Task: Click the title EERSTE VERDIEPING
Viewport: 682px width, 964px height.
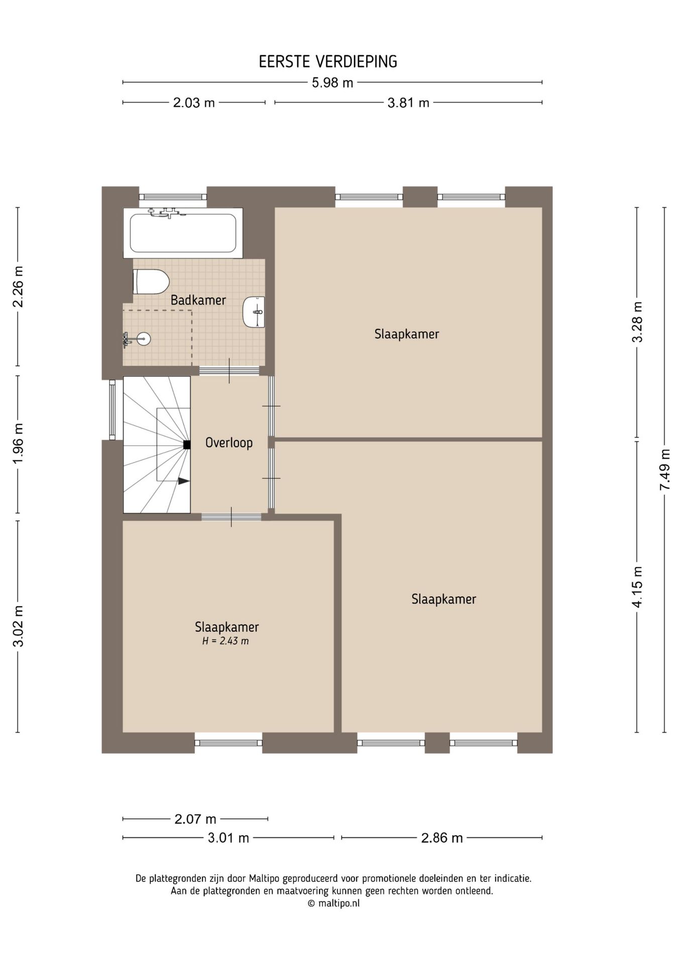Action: [x=327, y=62]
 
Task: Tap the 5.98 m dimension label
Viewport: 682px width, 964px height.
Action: [x=332, y=83]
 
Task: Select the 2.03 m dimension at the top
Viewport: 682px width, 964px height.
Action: [x=194, y=103]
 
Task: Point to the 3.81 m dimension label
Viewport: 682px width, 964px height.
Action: [x=408, y=103]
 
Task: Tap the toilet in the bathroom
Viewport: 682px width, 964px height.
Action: [x=150, y=282]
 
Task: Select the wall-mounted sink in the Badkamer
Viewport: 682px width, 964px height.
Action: [x=254, y=312]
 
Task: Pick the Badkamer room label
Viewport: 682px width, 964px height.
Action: [x=198, y=300]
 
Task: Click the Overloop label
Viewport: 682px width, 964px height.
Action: [x=229, y=443]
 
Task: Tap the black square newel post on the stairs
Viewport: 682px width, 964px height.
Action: [x=187, y=444]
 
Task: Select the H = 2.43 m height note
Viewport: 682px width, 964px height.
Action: [x=225, y=641]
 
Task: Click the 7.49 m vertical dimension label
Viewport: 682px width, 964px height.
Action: [x=665, y=470]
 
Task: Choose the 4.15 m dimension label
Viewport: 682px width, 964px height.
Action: [x=637, y=586]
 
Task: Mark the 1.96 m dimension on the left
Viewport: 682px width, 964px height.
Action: [x=18, y=445]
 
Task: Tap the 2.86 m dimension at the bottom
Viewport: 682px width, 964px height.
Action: [x=441, y=838]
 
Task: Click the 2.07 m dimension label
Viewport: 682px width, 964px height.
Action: [x=195, y=819]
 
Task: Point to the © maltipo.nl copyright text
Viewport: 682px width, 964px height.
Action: [x=333, y=903]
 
